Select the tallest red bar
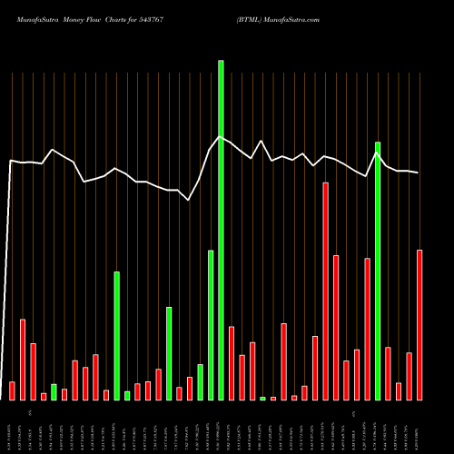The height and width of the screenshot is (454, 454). coord(325,291)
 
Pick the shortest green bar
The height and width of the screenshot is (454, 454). coord(262,398)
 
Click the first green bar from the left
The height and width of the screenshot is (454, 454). coord(54,391)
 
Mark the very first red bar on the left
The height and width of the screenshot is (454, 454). coord(12,390)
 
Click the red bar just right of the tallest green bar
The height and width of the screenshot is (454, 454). coord(232,362)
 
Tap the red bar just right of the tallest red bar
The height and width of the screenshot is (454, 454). coord(336,327)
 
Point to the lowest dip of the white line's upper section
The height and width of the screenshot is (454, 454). coord(189,200)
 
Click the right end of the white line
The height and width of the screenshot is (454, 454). coord(419,173)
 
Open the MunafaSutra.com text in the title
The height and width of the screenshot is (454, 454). coord(291,18)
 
